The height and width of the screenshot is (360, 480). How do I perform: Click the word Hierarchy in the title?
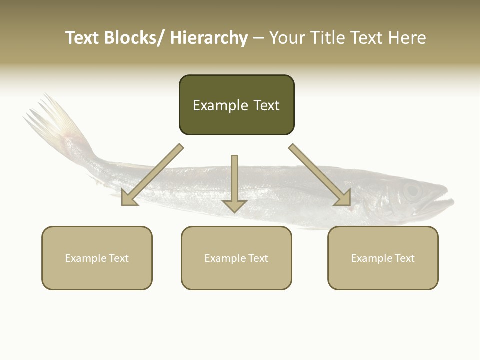[209, 38]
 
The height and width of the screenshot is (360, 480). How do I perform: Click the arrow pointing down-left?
[152, 175]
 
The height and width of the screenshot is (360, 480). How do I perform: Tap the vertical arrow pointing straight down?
[234, 182]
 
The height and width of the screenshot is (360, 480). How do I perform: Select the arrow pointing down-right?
[320, 175]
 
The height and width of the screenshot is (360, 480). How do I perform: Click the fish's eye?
[412, 190]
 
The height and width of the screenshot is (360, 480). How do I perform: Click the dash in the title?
[258, 38]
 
